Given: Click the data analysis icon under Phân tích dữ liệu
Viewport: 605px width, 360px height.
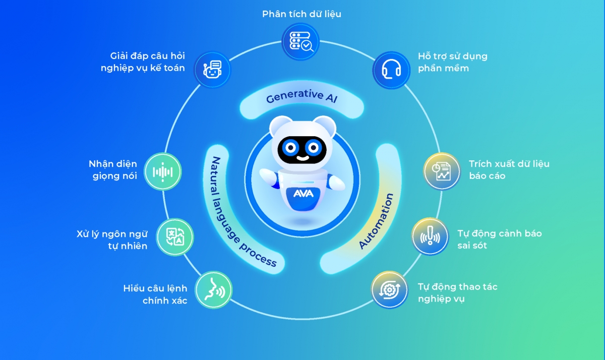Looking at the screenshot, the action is [x=300, y=41].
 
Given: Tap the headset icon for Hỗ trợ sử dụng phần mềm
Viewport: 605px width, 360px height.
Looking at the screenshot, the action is [x=391, y=70].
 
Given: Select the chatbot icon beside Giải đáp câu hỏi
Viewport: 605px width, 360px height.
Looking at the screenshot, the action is [x=212, y=70].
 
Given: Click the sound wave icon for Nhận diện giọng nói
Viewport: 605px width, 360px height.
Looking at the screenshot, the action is [x=162, y=172].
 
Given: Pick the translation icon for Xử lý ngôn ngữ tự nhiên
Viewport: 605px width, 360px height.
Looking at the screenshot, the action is [x=175, y=237].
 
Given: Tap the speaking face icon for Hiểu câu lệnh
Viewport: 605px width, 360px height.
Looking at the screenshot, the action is [x=214, y=290].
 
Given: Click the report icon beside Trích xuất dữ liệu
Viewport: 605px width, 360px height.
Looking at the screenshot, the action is [x=442, y=171].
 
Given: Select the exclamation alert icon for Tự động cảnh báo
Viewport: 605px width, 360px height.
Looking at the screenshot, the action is [x=430, y=236].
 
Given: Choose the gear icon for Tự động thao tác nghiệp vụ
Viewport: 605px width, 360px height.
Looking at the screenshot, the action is [x=389, y=290].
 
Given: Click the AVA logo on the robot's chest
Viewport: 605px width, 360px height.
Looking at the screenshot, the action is [x=304, y=194].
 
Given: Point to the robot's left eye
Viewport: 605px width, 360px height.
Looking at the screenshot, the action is [x=290, y=148].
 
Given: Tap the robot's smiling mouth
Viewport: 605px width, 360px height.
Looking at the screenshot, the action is [x=303, y=158].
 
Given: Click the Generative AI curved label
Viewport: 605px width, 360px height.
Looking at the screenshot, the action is [x=301, y=96].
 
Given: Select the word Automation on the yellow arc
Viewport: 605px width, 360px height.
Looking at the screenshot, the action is [x=376, y=221].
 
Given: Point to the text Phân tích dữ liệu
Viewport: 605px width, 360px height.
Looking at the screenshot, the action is [x=301, y=14].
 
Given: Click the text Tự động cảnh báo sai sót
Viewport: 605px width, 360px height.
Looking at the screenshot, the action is [x=500, y=239].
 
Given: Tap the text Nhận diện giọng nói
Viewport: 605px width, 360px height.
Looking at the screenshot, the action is [x=113, y=170].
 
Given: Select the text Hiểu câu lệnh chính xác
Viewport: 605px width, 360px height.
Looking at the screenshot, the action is [x=155, y=294].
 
